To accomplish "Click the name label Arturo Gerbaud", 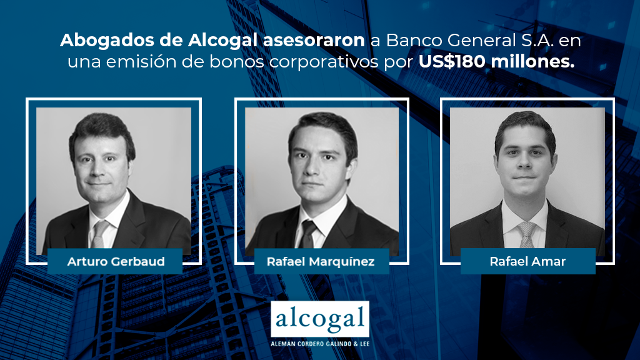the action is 115,261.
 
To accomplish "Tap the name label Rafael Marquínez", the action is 321,261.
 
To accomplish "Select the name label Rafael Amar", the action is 527,261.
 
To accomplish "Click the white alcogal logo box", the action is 320,319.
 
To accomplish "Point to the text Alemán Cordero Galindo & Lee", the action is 320,344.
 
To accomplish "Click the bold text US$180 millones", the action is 496,62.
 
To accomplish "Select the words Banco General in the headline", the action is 451,41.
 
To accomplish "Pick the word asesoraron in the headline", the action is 314,41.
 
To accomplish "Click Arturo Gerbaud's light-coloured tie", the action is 99,234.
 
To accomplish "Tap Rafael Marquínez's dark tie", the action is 308,234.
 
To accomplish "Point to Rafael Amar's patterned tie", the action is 526,235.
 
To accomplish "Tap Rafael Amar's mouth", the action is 524,178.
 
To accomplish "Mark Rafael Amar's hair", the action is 525,126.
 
